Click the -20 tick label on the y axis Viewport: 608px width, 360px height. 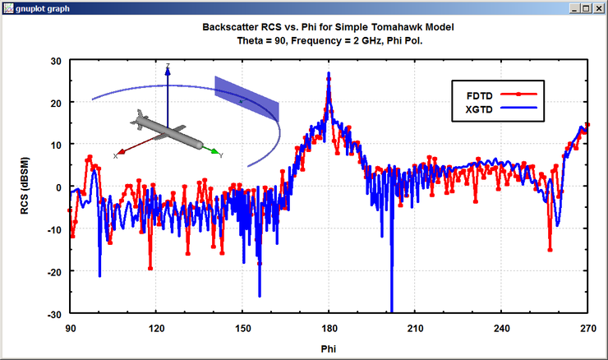click(55, 271)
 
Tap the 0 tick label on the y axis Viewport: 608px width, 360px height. click(60, 187)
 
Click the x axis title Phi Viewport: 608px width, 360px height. click(329, 348)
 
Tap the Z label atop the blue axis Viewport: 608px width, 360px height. click(168, 65)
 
